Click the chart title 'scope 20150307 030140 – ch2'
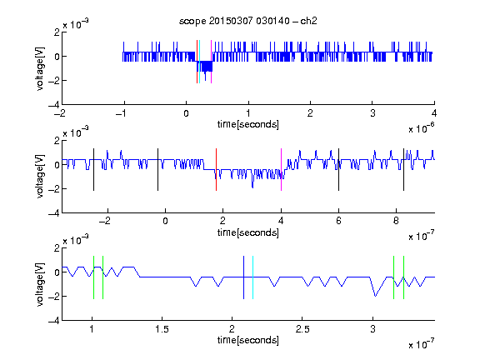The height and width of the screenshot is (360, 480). (x=248, y=21)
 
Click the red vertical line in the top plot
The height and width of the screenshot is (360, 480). (x=197, y=62)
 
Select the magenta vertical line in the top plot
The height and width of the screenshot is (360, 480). (x=211, y=62)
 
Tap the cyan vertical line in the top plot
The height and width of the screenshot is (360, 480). (x=200, y=62)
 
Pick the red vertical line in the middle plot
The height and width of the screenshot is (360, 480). (x=216, y=170)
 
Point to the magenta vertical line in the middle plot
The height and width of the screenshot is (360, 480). (x=281, y=170)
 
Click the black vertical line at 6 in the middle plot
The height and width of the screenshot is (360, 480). (x=338, y=170)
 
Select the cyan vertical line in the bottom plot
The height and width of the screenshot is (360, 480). (x=252, y=277)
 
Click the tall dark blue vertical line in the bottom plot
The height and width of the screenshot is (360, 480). (x=243, y=277)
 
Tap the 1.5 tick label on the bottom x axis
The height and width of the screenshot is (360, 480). (x=162, y=329)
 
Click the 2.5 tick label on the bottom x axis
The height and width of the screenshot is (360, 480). (x=302, y=329)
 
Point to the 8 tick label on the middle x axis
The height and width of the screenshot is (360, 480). (x=396, y=221)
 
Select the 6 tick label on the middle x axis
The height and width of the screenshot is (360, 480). (x=338, y=221)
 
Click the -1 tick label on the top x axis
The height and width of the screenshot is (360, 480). (x=122, y=113)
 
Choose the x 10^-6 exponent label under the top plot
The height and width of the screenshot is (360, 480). (x=421, y=128)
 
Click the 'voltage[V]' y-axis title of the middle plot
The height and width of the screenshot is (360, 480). (x=40, y=177)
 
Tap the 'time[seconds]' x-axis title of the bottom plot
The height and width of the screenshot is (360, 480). (x=248, y=340)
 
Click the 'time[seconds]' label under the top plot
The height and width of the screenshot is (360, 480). (x=248, y=124)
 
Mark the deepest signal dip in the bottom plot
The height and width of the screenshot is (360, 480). (x=375, y=296)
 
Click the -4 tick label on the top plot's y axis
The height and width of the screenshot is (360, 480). (x=54, y=105)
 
